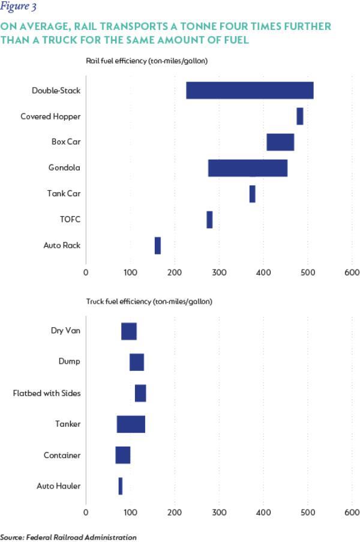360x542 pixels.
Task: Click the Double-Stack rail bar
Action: (250, 90)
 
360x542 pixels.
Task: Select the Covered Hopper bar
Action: (299, 116)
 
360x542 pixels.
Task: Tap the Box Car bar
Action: (280, 142)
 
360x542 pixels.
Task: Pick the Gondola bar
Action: (247, 168)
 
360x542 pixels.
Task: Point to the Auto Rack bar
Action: (157, 245)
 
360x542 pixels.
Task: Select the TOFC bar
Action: (209, 220)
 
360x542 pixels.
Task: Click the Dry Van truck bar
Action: (129, 331)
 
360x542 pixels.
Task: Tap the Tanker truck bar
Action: (131, 424)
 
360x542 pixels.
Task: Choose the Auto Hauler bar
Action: (120, 486)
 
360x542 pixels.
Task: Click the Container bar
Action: (123, 455)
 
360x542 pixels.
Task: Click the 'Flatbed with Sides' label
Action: (47, 393)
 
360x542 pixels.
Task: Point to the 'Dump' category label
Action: (70, 362)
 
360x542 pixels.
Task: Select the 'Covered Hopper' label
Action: (50, 116)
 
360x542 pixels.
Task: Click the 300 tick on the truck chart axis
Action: (219, 513)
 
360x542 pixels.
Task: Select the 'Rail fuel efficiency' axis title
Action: (147, 61)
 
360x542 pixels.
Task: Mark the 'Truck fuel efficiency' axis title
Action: (149, 301)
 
